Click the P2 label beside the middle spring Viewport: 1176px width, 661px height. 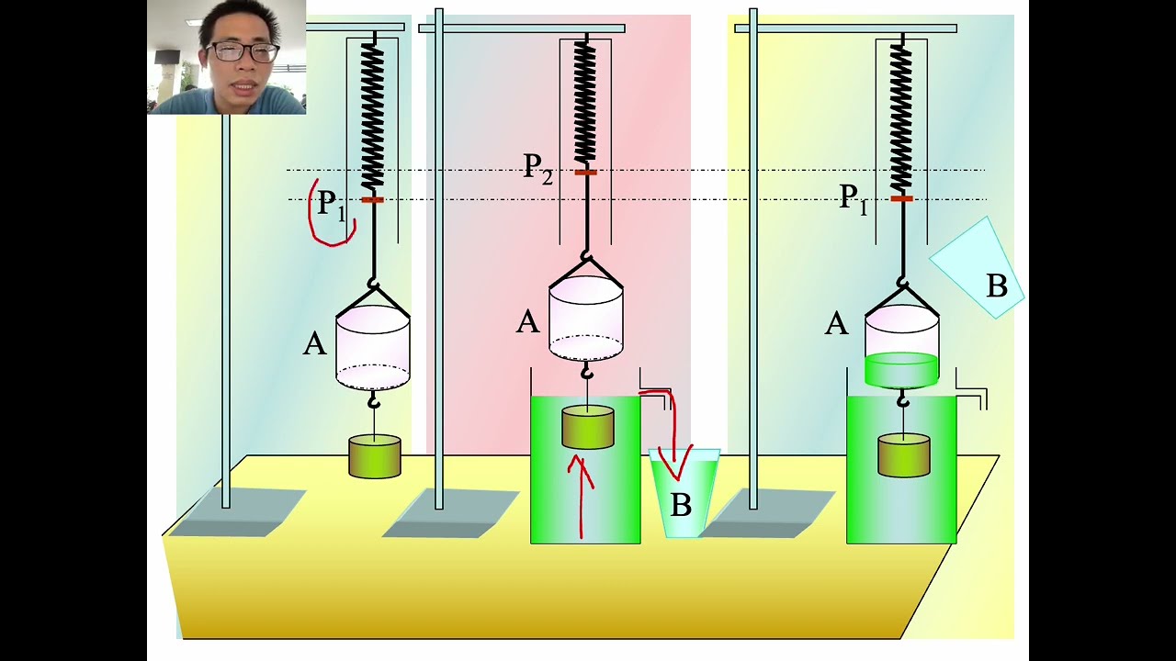click(x=538, y=168)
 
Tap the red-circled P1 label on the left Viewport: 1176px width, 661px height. click(x=331, y=206)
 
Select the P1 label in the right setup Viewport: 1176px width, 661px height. click(x=854, y=197)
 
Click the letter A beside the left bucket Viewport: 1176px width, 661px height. click(x=314, y=344)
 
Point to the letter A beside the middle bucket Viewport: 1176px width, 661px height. click(x=527, y=322)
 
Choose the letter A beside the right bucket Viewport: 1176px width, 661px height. click(x=836, y=323)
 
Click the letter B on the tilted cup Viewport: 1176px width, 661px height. click(x=996, y=286)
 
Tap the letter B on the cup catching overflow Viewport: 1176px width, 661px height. click(x=681, y=504)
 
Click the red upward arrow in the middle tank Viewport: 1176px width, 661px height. click(x=581, y=496)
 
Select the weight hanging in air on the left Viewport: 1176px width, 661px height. click(x=375, y=457)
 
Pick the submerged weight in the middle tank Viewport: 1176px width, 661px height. click(x=588, y=428)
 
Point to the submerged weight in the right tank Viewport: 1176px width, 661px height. click(x=904, y=456)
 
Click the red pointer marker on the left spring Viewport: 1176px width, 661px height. click(x=372, y=199)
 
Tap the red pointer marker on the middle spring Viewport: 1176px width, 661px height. click(x=585, y=172)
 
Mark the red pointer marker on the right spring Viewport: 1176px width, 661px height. click(x=901, y=198)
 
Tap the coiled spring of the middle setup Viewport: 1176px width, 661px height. click(x=584, y=101)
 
